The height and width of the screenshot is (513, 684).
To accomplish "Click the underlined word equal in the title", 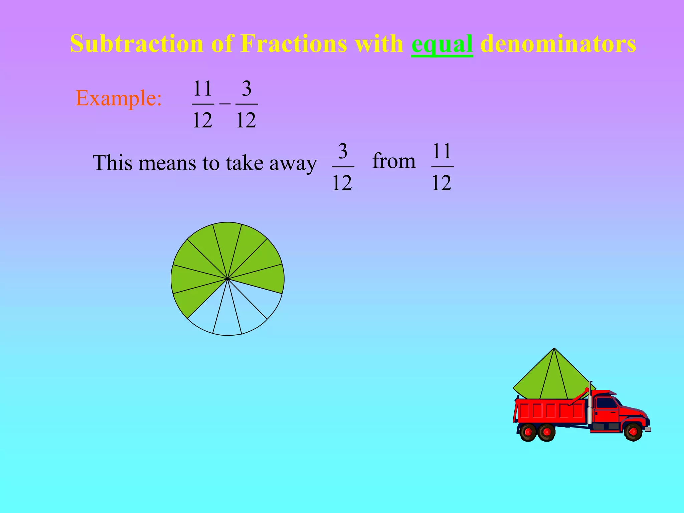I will (442, 44).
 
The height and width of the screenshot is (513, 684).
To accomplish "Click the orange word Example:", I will (119, 98).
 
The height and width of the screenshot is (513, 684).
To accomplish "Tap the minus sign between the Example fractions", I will (225, 104).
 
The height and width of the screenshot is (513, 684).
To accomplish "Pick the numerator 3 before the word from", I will (343, 151).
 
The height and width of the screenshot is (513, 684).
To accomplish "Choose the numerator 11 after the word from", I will (442, 151).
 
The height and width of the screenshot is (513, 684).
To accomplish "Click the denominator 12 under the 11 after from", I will (442, 183).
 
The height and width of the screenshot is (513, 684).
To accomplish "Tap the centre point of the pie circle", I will (227, 279).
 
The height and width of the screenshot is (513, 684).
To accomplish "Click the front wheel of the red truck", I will (633, 432).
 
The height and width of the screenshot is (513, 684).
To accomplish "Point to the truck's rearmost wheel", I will (528, 432).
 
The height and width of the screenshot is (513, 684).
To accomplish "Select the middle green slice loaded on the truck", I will (554, 381).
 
